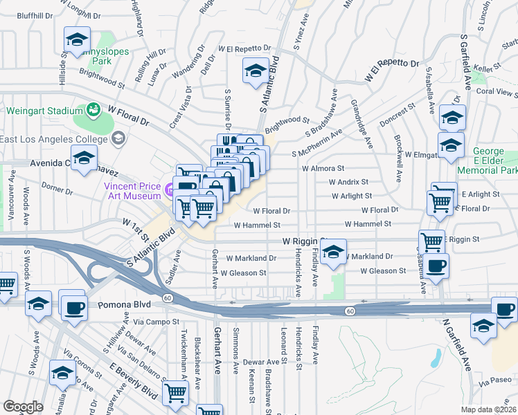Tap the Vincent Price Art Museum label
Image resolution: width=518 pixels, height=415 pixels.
[132, 191]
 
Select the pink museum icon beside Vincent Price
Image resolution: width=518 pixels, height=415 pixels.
[168, 187]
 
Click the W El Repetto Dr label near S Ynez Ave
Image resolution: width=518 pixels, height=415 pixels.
[244, 49]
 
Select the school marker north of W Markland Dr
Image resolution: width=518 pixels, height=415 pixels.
[333, 251]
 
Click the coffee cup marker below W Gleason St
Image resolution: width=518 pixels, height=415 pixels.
[436, 266]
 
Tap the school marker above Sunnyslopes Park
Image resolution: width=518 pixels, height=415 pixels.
[78, 39]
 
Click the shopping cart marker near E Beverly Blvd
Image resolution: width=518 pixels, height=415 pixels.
[176, 393]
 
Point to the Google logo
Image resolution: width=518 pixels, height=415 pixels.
[23, 407]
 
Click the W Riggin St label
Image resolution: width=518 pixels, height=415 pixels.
[303, 241]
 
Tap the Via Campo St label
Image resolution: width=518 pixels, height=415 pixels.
[156, 322]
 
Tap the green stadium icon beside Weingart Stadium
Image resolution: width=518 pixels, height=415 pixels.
[92, 110]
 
